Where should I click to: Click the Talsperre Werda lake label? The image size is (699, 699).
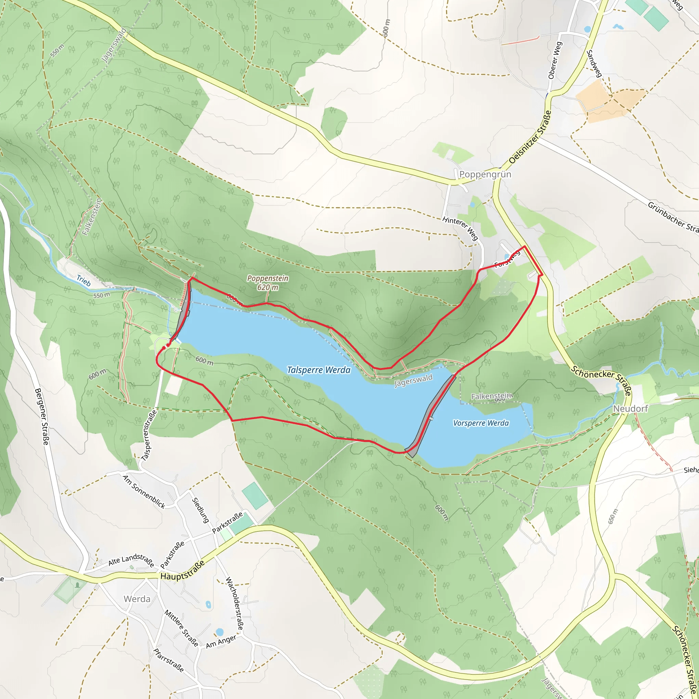pos(318,370)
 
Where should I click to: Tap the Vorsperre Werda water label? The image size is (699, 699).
pos(481,423)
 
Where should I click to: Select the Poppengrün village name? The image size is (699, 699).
pos(485,174)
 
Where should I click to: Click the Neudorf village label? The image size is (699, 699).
pos(630,409)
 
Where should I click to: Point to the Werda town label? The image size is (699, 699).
pos(137,599)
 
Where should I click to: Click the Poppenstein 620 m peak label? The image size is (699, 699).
pos(268,283)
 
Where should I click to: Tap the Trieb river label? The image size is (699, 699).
pos(84,281)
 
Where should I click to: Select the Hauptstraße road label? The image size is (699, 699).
pos(182,571)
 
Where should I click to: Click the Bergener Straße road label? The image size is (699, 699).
pos(42,417)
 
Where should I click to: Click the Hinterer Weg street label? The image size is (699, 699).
pos(460,228)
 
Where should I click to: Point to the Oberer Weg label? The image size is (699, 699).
pos(555,60)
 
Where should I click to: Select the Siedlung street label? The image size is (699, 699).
pos(200,510)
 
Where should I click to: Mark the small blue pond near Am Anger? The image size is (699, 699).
pos(219,632)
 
